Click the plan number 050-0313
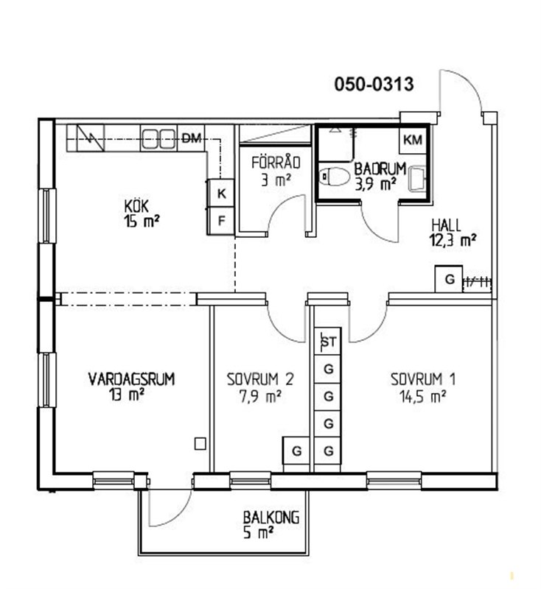(374, 84)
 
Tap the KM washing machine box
(413, 140)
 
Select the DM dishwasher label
(192, 138)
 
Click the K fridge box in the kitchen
(221, 194)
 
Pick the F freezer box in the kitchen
(221, 221)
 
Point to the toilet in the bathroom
(333, 176)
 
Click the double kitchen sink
(158, 138)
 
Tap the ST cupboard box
(328, 341)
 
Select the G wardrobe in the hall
(449, 279)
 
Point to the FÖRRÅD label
(276, 163)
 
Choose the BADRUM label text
(380, 169)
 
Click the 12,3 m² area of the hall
(453, 240)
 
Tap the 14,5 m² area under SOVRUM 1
(423, 396)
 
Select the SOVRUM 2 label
(259, 379)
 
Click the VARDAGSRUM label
(132, 379)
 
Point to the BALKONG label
(271, 518)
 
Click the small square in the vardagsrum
(200, 444)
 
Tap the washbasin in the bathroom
(417, 179)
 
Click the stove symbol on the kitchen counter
(91, 138)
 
